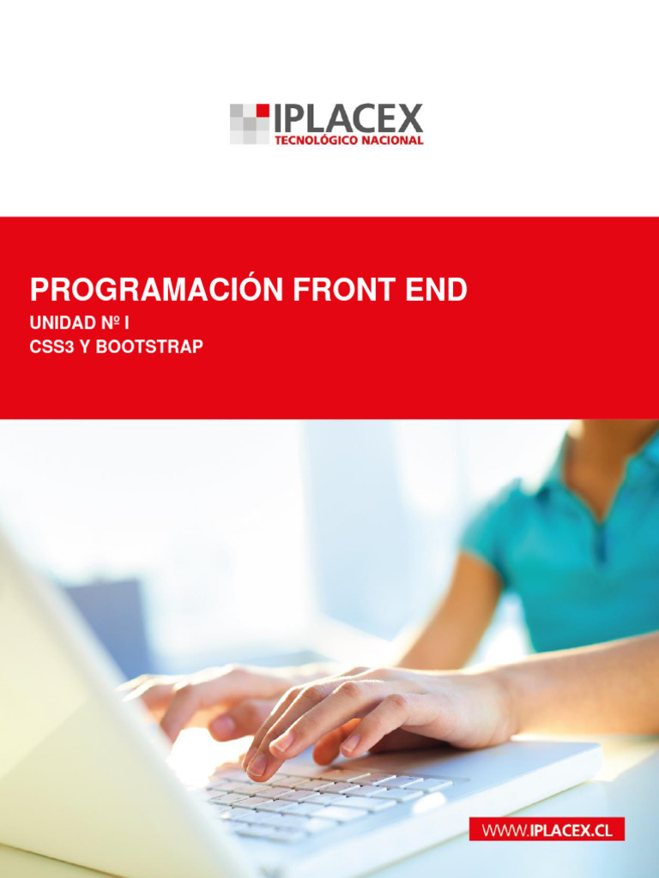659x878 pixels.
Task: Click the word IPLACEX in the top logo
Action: pyautogui.click(x=348, y=119)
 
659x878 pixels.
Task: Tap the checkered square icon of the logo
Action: pyautogui.click(x=249, y=123)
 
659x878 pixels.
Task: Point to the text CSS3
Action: pyautogui.click(x=51, y=348)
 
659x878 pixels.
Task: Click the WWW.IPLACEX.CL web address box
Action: pyautogui.click(x=547, y=830)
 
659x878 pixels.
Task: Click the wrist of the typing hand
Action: pyautogui.click(x=489, y=703)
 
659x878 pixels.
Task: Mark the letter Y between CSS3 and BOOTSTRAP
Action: pyautogui.click(x=84, y=348)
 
